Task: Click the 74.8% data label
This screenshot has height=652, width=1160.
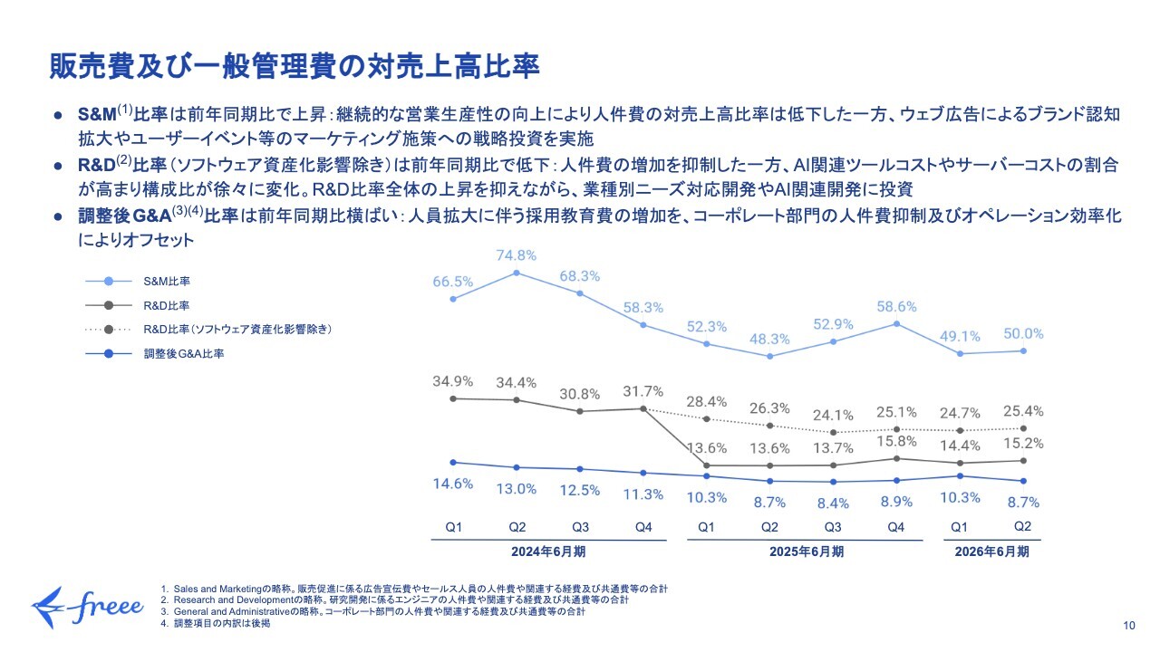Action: click(517, 255)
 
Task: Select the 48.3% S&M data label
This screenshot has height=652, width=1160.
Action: click(769, 339)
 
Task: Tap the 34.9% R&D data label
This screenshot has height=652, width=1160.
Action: click(451, 382)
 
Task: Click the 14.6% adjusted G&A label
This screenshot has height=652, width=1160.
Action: click(452, 484)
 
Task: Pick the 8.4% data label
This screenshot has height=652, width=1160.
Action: click(833, 503)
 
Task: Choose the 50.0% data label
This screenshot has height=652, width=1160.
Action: click(1023, 334)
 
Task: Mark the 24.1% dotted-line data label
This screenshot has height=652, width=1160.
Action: click(833, 416)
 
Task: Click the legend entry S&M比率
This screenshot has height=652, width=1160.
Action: click(167, 283)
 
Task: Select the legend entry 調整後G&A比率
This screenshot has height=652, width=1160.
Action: click(184, 354)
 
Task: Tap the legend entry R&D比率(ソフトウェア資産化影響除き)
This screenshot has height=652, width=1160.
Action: click(237, 331)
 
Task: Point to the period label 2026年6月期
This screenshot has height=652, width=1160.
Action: click(992, 551)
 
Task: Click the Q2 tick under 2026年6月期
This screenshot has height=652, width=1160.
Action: click(1023, 526)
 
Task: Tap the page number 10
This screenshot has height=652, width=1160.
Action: click(1128, 626)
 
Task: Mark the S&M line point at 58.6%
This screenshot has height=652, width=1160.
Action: click(896, 323)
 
